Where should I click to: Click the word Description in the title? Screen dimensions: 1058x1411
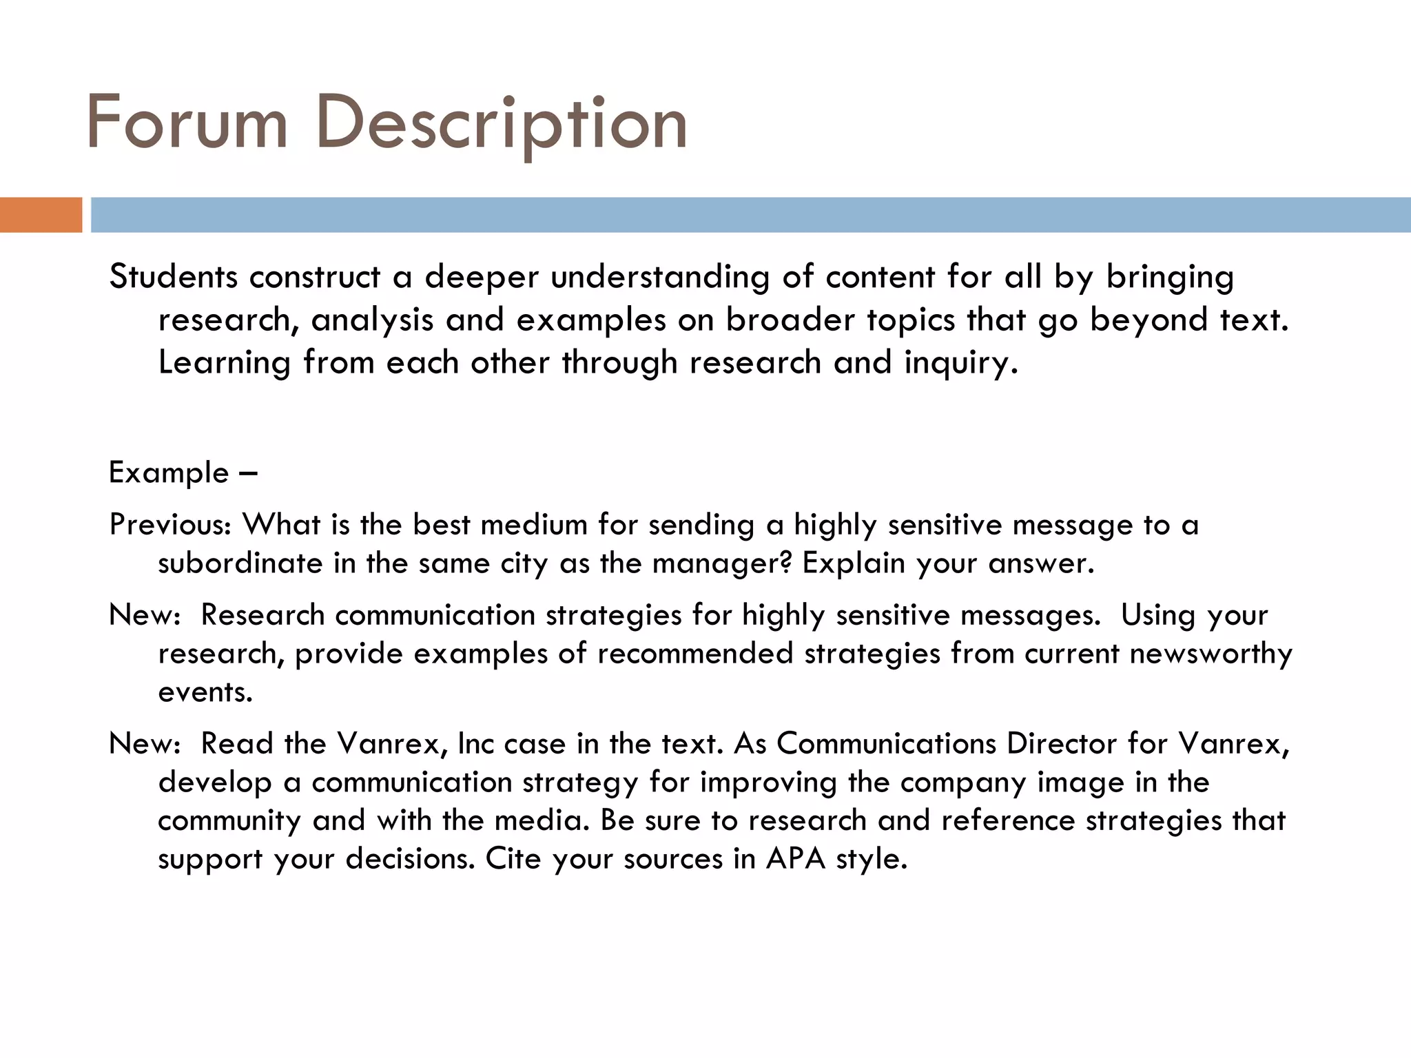[502, 124]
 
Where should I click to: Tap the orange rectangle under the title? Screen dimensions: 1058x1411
[41, 215]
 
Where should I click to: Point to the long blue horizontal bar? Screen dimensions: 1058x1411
[750, 215]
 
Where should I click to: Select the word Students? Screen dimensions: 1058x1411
[174, 277]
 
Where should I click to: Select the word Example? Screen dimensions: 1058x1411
[169, 473]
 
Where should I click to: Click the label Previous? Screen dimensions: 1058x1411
[171, 525]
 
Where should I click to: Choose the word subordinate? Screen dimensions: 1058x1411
[240, 563]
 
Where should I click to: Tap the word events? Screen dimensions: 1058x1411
[205, 692]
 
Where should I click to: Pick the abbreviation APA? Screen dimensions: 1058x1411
[796, 860]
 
